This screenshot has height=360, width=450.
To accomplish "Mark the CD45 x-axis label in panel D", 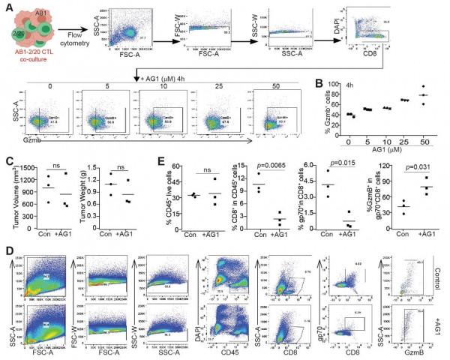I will pos(223,351).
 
